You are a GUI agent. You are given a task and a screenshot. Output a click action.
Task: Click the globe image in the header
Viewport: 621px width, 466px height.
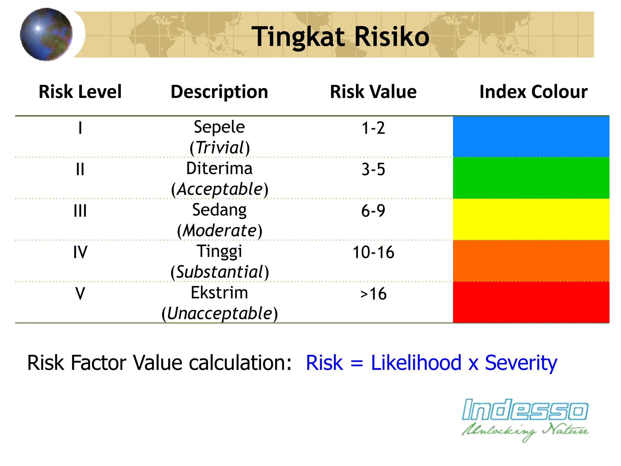coord(46,34)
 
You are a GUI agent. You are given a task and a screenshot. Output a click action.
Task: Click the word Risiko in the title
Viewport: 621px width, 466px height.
coord(391,37)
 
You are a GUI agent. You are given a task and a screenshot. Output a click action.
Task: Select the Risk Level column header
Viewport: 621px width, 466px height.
coord(80,92)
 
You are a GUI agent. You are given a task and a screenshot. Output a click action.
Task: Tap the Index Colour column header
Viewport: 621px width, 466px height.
coord(533,92)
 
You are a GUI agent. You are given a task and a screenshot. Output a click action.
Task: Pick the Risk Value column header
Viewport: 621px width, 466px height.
coord(373,92)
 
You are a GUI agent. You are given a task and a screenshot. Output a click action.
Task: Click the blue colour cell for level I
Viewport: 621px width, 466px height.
coord(531,137)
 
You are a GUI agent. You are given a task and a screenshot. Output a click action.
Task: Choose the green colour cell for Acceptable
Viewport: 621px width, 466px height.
coord(531,178)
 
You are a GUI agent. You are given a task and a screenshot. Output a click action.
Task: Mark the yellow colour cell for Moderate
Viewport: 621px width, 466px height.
coord(531,219)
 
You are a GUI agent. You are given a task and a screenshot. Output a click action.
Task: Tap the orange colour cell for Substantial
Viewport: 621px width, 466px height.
coord(531,261)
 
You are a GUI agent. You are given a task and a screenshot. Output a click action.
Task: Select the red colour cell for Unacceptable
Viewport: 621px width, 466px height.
coord(531,302)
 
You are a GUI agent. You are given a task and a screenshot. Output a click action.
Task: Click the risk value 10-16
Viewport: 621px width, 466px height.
coord(373,252)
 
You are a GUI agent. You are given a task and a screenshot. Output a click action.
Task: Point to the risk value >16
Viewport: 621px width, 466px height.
coord(373,294)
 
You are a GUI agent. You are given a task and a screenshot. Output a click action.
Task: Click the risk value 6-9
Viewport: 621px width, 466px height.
coord(373,211)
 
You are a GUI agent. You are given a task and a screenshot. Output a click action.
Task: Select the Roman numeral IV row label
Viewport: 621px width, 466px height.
coord(80,252)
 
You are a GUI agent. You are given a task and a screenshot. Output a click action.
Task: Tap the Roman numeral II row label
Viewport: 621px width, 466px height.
coord(80,170)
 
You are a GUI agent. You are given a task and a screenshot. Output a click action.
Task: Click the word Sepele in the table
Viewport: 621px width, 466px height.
coord(219,127)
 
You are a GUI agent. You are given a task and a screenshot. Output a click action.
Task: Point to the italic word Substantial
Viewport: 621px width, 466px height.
coord(219,272)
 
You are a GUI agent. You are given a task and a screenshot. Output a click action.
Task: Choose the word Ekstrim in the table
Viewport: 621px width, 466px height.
coord(219,293)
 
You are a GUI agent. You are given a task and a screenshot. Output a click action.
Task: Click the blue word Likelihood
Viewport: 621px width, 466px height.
coord(416,363)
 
